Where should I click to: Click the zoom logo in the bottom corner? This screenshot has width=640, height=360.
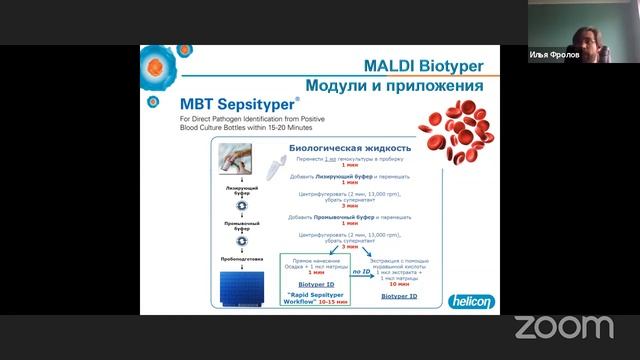point(563,326)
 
